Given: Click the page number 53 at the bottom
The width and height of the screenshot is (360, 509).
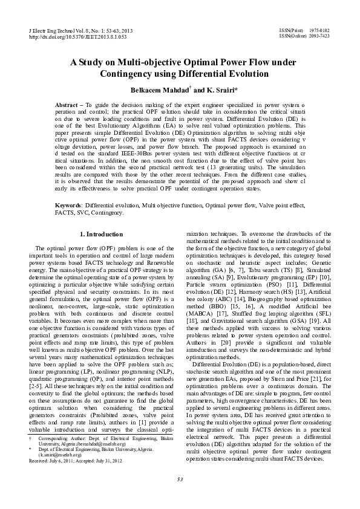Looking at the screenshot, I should pos(180,480).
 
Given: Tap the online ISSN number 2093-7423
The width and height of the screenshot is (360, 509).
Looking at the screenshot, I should pos(319,36).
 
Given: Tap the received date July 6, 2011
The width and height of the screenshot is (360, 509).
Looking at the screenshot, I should pos(64,460).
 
